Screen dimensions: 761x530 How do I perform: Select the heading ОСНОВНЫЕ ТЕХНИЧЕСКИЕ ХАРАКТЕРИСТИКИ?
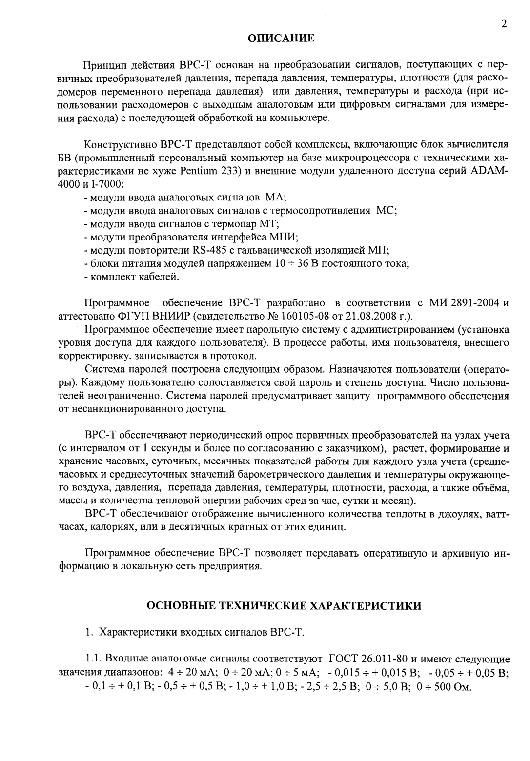(x=284, y=606)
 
